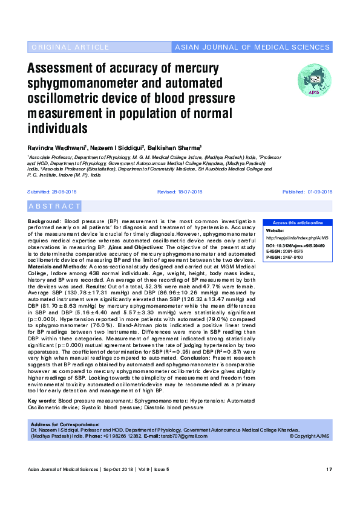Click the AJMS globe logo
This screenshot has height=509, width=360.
pos(314,80)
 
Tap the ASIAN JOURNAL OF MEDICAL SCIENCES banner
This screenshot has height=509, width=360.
pos(252,47)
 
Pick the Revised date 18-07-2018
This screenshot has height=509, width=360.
pos(180,192)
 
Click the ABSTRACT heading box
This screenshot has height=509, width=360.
pos(54,206)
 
